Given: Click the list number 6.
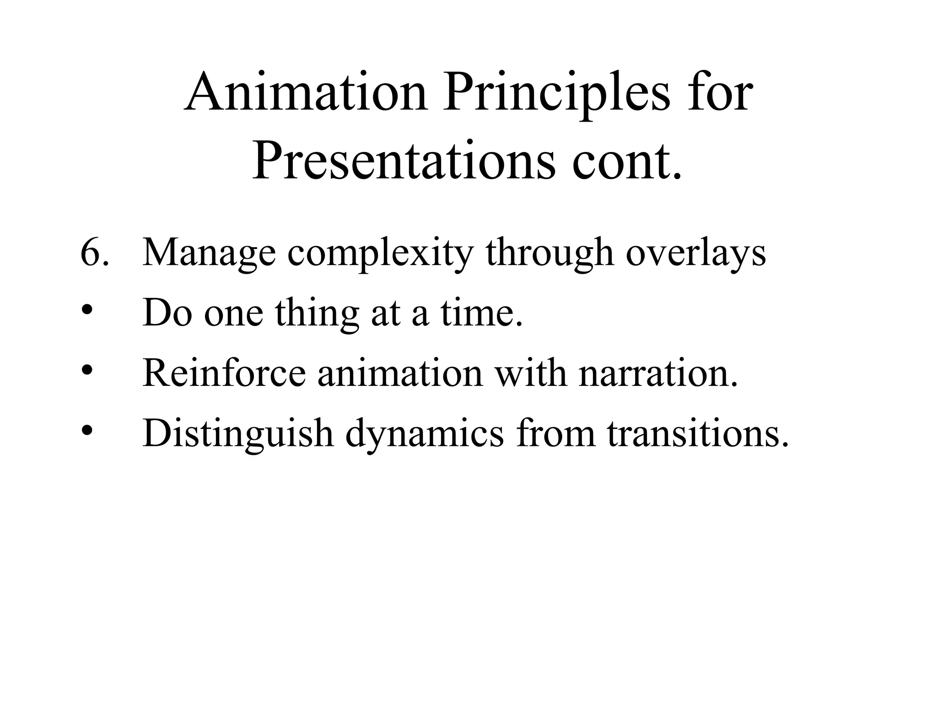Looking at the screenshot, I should pyautogui.click(x=94, y=253).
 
